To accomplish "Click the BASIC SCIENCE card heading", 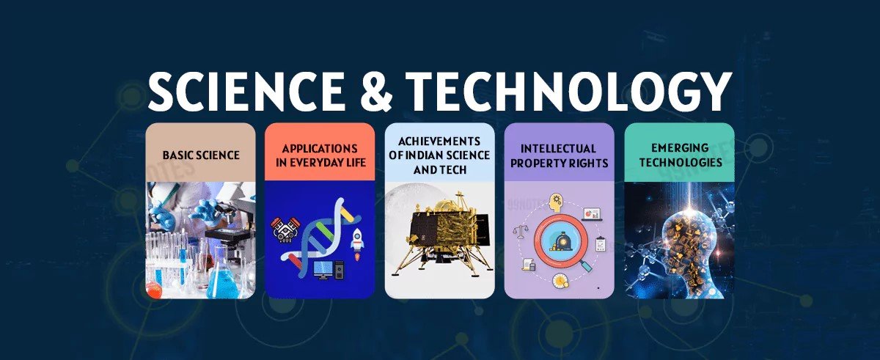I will [200, 155].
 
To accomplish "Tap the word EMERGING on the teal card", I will [679, 148].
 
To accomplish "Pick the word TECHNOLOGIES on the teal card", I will [679, 161].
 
